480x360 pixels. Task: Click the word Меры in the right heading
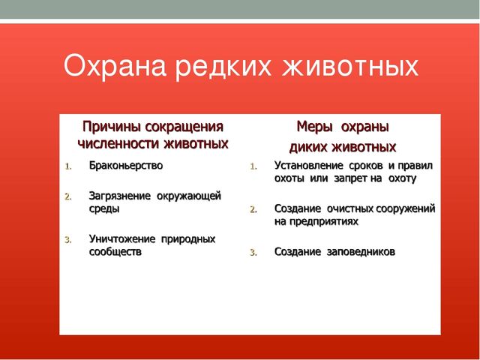pyautogui.click(x=315, y=127)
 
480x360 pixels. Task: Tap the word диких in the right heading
pyautogui.click(x=308, y=148)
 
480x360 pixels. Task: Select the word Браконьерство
pyautogui.click(x=126, y=166)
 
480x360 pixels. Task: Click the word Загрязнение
pyautogui.click(x=120, y=196)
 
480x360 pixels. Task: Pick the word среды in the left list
pyautogui.click(x=104, y=209)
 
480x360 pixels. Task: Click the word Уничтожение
pyautogui.click(x=122, y=239)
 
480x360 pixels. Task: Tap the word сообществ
pyautogui.click(x=115, y=252)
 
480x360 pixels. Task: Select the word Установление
pyautogui.click(x=308, y=166)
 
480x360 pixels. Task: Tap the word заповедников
pyautogui.click(x=361, y=252)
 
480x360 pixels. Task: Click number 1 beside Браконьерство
pyautogui.click(x=68, y=166)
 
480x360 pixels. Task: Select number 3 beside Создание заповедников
pyautogui.click(x=253, y=253)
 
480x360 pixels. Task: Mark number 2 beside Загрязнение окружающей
pyautogui.click(x=68, y=196)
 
